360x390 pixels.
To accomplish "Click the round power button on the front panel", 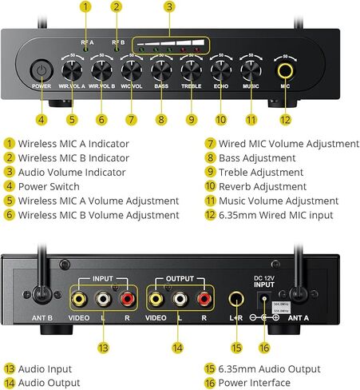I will tap(42, 70).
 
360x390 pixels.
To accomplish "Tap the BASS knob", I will tap(161, 70).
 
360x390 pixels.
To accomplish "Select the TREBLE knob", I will tap(191, 70).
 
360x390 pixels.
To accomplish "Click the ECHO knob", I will tap(221, 70).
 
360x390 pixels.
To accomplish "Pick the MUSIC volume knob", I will tap(251, 70).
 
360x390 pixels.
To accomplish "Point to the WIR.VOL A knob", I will tap(72, 70).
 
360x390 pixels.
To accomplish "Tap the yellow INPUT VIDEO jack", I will tap(80, 300).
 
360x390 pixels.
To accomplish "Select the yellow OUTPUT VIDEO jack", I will tap(156, 300).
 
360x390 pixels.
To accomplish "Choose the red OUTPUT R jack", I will tap(205, 300).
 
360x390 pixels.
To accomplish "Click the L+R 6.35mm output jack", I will tap(235, 300).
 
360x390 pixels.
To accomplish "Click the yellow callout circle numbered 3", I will tap(169, 7).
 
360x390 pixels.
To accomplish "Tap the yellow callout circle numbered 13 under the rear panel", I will tap(103, 348).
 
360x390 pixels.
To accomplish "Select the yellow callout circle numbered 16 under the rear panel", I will tap(264, 348).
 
